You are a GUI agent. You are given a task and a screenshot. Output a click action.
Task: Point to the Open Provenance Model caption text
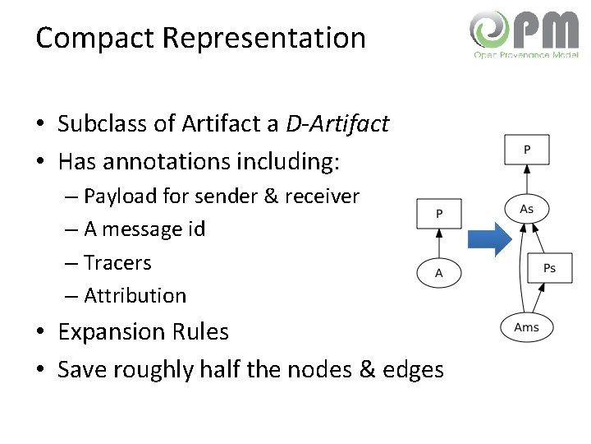coord(526,55)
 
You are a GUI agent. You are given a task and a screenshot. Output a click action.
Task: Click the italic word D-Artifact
coord(337,124)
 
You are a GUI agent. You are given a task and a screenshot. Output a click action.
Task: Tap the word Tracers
coord(117,263)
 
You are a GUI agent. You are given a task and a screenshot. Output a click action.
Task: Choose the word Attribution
coord(135,295)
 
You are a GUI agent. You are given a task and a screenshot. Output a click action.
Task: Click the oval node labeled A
coord(438,273)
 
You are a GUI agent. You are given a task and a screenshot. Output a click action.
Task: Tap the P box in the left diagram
coord(439,214)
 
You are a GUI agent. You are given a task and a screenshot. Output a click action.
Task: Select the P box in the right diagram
coord(526,150)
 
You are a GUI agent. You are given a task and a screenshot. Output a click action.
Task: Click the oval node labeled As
coord(526,209)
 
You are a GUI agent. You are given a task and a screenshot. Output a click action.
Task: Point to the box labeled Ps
coord(549,269)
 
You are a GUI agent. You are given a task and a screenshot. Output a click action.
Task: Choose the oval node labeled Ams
coord(526,327)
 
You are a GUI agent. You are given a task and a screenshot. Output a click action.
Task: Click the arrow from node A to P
coord(438,243)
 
